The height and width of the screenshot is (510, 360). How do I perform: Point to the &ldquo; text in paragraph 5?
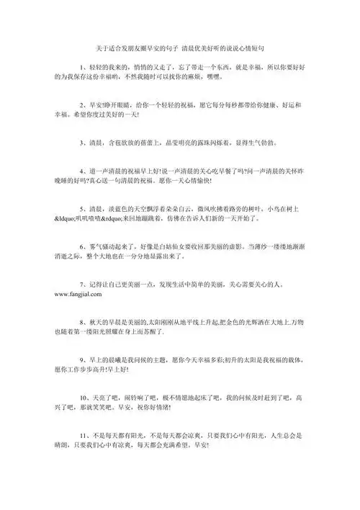[x=67, y=215]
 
